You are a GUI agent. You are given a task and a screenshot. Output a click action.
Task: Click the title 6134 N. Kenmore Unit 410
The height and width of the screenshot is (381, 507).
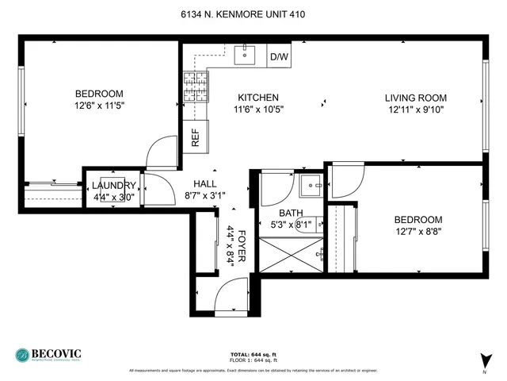(253, 14)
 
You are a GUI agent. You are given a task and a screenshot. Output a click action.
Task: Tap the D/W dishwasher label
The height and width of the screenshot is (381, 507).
(278, 57)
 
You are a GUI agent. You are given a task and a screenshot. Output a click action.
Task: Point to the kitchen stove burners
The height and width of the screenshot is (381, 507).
(195, 88)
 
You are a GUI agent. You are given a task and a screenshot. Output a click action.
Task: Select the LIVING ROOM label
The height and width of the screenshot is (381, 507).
(414, 98)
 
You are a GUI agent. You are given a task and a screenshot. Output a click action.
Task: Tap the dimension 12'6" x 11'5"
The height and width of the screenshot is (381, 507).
(100, 105)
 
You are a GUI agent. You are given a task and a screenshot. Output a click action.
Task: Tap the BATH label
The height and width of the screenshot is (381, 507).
(291, 213)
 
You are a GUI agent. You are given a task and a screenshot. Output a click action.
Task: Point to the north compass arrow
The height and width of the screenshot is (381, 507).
(485, 359)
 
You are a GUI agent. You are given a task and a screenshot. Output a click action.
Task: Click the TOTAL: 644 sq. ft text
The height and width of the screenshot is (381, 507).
(253, 354)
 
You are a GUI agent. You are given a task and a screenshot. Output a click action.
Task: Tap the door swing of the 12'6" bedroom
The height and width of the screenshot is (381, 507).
(163, 152)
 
